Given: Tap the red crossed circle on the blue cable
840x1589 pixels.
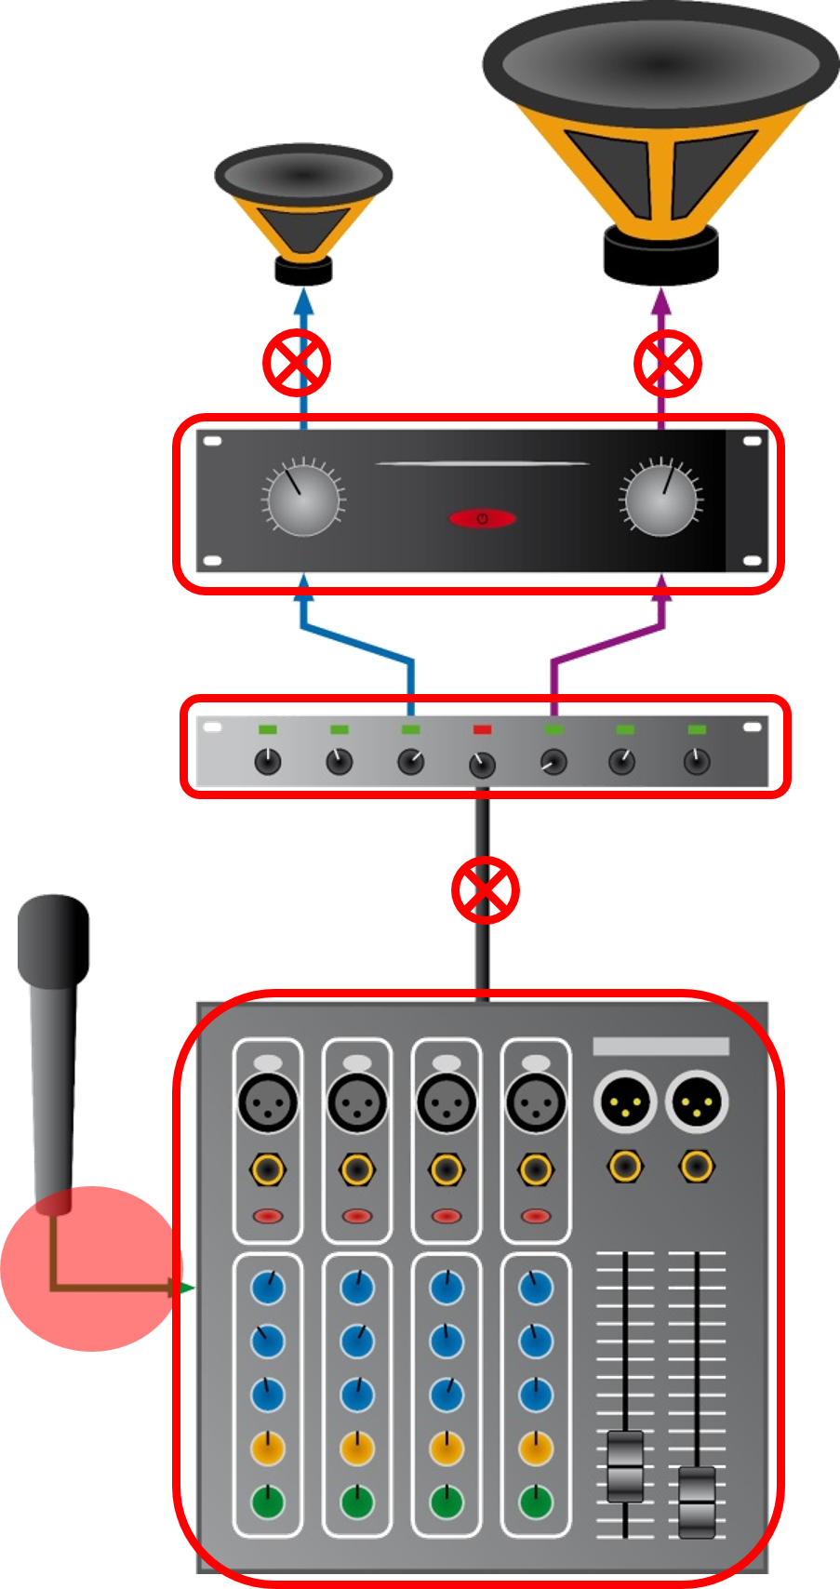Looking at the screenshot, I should [297, 362].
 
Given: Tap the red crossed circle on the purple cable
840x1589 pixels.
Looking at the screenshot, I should [667, 362].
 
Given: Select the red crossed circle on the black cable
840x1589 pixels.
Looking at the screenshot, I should [485, 890].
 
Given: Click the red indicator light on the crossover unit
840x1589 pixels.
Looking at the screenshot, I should [482, 729].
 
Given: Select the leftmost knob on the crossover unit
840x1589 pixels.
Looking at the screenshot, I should [268, 762].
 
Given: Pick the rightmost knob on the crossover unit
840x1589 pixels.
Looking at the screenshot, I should [696, 762].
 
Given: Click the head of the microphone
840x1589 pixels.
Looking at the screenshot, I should [54, 940].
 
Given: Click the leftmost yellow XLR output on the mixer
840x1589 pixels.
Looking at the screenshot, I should [625, 1102].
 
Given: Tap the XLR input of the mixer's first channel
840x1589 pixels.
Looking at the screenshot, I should [268, 1103].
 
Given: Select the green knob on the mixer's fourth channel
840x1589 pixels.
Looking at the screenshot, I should [535, 1501].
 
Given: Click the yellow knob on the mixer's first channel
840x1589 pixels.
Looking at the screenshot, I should [268, 1448].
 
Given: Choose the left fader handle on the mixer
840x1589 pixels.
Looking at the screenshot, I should [625, 1466].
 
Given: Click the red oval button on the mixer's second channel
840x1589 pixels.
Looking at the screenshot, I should [356, 1216].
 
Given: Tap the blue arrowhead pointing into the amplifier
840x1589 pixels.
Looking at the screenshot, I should [303, 584].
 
